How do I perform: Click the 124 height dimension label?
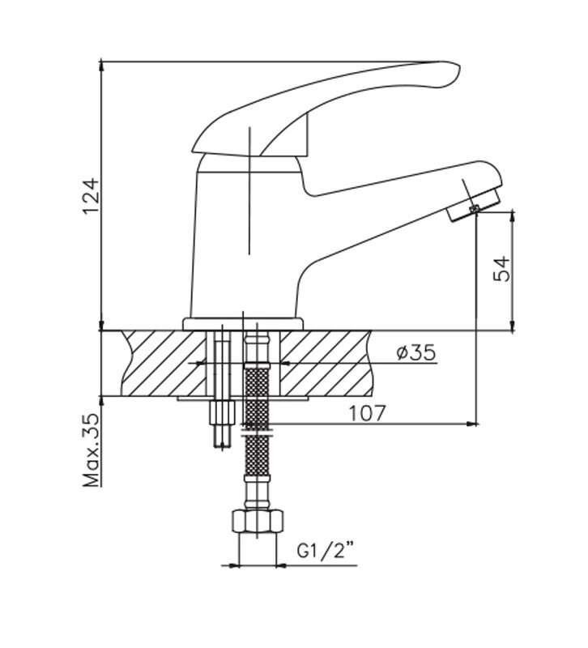[x=91, y=196]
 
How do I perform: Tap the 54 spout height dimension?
[x=502, y=269]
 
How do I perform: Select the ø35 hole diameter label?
[x=416, y=352]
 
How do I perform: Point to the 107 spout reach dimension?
[x=368, y=413]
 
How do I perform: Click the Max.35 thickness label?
[x=92, y=450]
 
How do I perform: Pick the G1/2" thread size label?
[x=326, y=552]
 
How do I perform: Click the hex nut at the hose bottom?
[x=258, y=521]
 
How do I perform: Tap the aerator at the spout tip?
[x=474, y=205]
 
